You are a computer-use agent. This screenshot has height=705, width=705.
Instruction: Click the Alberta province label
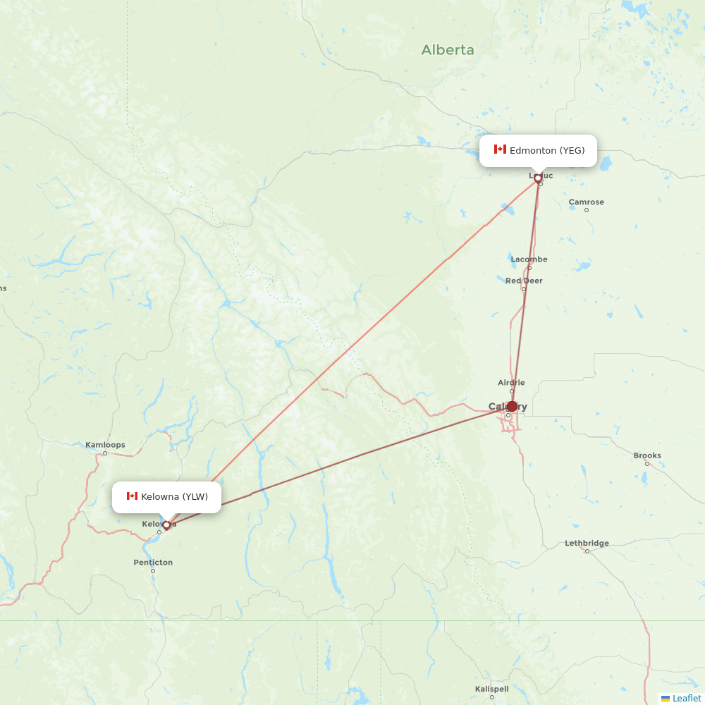coord(448,50)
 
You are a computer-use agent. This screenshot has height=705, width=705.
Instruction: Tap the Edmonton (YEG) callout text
coord(547,150)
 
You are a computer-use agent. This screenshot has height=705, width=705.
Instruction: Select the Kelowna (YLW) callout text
coord(174,497)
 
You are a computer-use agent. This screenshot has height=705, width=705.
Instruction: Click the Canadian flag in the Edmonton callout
coord(500,149)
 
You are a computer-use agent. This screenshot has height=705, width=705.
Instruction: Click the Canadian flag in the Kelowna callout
coord(132,496)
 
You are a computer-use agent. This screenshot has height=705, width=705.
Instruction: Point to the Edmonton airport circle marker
coord(538,178)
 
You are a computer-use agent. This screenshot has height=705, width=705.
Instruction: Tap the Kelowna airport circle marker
coord(166,525)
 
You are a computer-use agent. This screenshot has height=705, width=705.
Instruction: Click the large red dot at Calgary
coord(513,406)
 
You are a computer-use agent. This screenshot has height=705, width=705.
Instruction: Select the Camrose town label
coord(587,202)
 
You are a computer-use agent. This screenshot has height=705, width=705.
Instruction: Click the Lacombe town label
coord(529,259)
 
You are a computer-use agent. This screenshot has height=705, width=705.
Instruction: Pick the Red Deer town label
coord(524,281)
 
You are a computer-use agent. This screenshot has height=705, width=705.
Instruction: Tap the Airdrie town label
coord(511,383)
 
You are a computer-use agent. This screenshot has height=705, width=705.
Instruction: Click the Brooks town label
coord(647,455)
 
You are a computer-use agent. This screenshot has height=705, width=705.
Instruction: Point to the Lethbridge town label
coord(587,544)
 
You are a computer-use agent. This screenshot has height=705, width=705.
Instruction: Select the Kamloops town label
coord(105,445)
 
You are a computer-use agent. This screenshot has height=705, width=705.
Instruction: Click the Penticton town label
coord(153,563)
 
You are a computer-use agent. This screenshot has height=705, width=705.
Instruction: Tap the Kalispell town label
coord(491,689)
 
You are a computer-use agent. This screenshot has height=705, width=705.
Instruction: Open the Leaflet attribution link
coord(687,698)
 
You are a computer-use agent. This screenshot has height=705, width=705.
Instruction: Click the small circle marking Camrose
coord(587,210)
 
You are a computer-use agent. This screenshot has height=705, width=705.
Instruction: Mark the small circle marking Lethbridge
coord(587,551)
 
